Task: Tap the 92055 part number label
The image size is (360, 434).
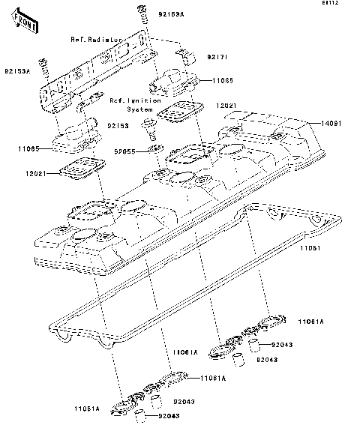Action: (x=124, y=151)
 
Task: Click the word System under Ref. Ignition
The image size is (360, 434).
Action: (x=139, y=109)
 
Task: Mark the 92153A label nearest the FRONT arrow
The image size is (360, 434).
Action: (x=17, y=71)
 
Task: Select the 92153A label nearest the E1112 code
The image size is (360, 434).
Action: (x=172, y=13)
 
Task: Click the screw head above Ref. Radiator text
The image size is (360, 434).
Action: (x=140, y=10)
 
